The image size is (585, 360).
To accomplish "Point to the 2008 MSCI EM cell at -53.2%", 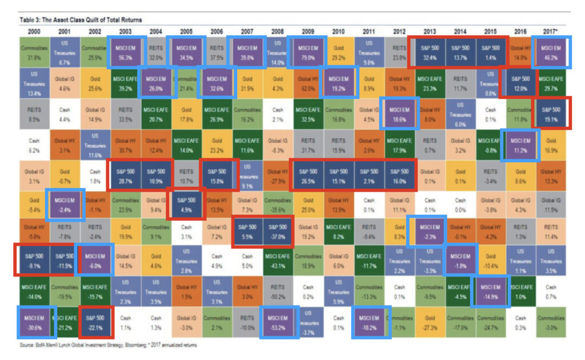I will tap(277, 321).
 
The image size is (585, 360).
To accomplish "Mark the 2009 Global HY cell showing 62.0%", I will tap(307, 82).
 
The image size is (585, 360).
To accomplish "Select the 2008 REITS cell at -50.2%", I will tap(277, 291).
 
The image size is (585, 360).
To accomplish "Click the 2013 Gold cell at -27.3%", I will tap(430, 321).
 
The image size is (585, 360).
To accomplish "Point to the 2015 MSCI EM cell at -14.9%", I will tap(490, 291).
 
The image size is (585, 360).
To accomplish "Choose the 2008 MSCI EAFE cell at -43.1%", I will tap(277, 261).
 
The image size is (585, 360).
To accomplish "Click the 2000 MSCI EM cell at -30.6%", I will tap(33, 321).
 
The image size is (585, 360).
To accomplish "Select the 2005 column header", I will tap(185, 30).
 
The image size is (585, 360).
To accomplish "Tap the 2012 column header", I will tap(399, 30).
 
